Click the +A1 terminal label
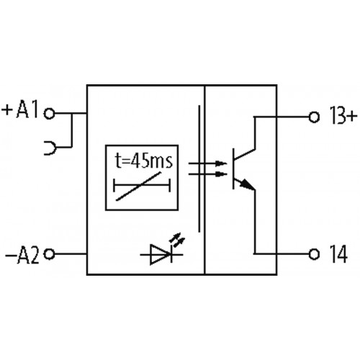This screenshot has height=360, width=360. click(22, 112)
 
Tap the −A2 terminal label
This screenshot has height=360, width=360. click(22, 254)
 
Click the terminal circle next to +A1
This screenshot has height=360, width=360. click(49, 112)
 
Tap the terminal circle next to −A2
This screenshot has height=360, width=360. click(49, 254)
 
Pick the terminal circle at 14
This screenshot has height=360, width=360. click(312, 254)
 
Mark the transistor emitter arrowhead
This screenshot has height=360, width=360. click(248, 188)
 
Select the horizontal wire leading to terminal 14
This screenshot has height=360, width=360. click(281, 254)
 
